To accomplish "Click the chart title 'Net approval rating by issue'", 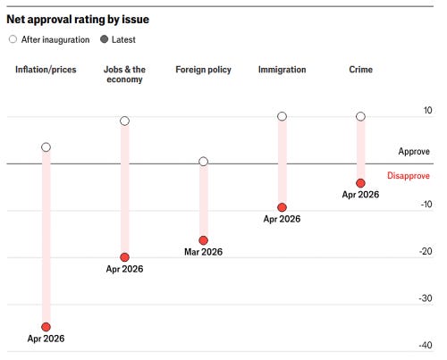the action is pyautogui.click(x=78, y=20).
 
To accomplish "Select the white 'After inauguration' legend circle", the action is pyautogui.click(x=13, y=39).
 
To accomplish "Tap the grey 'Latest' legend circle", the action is pyautogui.click(x=104, y=39).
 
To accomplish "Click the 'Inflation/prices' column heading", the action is pyautogui.click(x=46, y=70).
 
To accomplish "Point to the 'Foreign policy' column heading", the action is pyautogui.click(x=203, y=70).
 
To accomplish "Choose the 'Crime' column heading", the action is pyautogui.click(x=360, y=70).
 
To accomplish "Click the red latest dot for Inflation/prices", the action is pyautogui.click(x=46, y=327).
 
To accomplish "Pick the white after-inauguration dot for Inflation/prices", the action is pyautogui.click(x=46, y=147).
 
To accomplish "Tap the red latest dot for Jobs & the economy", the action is pyautogui.click(x=124, y=257).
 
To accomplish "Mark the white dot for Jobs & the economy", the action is pyautogui.click(x=124, y=121).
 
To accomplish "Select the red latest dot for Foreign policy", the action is pyautogui.click(x=203, y=240).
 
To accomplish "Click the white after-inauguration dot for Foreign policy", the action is pyautogui.click(x=203, y=162).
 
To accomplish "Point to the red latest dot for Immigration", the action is pyautogui.click(x=282, y=207).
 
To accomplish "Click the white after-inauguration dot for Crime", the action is pyautogui.click(x=360, y=116).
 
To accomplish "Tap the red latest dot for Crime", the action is pyautogui.click(x=360, y=183).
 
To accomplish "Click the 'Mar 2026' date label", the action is pyautogui.click(x=203, y=252).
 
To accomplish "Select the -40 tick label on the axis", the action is pyautogui.click(x=426, y=345).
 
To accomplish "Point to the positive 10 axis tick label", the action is pyautogui.click(x=427, y=110).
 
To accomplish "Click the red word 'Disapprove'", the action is pyautogui.click(x=409, y=176).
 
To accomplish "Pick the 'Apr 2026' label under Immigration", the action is pyautogui.click(x=282, y=219).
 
